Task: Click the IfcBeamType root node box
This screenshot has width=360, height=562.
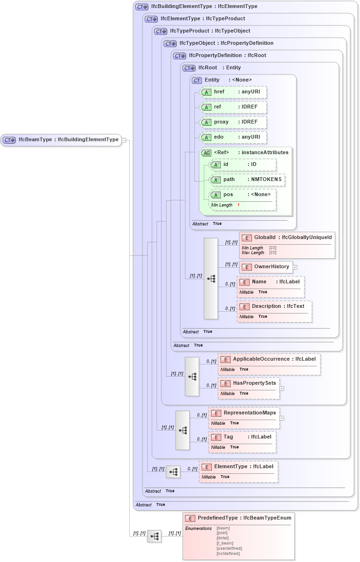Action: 61,140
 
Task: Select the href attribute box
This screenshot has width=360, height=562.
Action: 233,92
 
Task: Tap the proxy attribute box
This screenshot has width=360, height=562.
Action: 233,122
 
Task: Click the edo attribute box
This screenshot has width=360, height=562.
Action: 233,138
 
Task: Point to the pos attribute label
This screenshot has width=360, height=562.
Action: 228,194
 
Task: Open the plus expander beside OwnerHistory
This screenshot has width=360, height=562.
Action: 295,267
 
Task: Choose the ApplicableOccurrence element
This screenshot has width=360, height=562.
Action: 268,359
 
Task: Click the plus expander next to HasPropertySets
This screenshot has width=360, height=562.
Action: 282,388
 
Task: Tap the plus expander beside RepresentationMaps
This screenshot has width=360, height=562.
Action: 282,418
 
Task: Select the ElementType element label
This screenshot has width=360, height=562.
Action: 230,466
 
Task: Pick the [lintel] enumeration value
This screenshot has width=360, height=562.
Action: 223,538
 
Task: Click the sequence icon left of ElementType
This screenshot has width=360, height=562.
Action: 173,471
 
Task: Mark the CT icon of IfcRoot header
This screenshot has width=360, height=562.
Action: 189,68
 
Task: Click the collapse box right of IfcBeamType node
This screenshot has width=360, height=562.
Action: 124,140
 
